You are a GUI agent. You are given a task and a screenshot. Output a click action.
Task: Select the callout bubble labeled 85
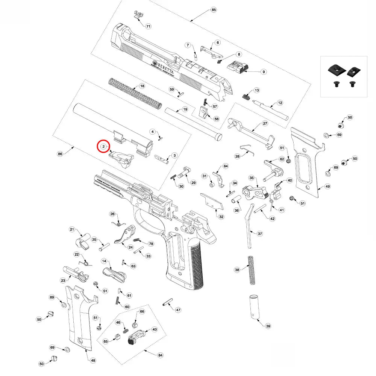214,9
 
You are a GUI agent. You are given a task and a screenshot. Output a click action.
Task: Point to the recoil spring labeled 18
135,92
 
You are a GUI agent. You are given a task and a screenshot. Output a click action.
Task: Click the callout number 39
268,326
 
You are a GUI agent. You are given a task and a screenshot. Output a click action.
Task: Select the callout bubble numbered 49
327,186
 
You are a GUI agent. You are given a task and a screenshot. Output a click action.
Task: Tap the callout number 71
148,26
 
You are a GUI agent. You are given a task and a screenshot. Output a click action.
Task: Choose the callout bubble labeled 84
161,355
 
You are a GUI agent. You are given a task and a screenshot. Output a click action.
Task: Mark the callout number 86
59,154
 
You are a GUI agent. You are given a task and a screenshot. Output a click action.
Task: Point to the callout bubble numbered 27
265,123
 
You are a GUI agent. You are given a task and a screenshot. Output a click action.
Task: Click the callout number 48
93,360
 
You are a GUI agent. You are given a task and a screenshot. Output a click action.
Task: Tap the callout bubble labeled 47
178,310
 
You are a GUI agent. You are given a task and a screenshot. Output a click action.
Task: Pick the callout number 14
104,261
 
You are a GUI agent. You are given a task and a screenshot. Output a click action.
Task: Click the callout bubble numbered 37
260,233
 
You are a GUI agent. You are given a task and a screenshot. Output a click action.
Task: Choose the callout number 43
154,329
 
